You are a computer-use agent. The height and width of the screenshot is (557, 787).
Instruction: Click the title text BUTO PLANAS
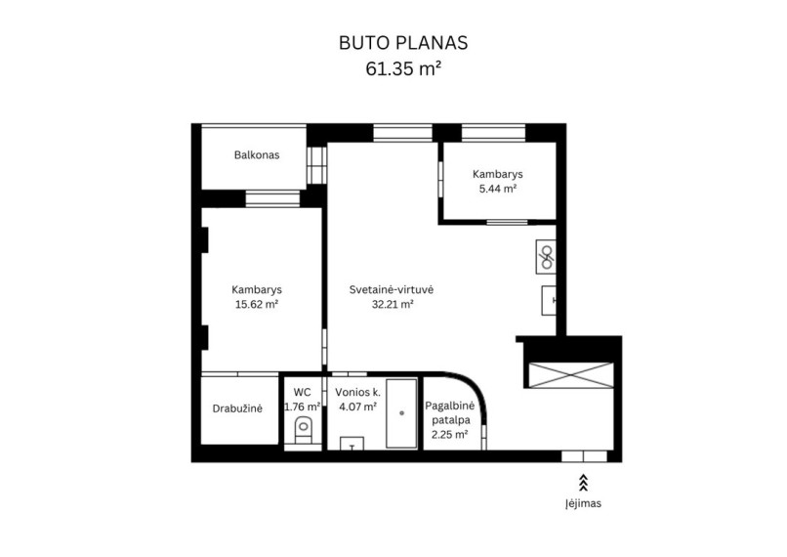tap(403, 43)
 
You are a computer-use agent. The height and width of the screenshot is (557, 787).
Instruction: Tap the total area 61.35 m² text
tap(403, 68)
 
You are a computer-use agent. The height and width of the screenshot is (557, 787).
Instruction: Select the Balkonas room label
tap(257, 154)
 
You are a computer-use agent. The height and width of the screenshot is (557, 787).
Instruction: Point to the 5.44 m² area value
tap(497, 189)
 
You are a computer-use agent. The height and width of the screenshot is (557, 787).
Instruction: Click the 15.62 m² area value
tap(257, 304)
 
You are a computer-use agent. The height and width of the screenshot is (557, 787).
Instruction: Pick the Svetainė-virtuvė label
tap(392, 289)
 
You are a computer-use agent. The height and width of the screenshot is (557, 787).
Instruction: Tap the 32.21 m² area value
tap(393, 304)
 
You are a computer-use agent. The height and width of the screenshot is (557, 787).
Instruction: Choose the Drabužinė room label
tap(237, 408)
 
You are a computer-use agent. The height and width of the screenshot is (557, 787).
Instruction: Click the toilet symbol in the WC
tap(303, 430)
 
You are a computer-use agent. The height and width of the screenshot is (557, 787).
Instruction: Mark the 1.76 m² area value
tap(302, 407)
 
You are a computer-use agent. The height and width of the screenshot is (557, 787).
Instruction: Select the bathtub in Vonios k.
tap(401, 413)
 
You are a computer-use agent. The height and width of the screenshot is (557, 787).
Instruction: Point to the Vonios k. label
tap(358, 392)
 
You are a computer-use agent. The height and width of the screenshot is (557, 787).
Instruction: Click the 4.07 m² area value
tap(358, 407)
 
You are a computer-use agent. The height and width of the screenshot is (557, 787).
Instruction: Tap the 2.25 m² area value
tap(450, 435)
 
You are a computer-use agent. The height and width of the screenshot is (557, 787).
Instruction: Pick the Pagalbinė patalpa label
tap(450, 412)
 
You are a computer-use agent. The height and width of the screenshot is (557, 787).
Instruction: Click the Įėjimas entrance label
tap(583, 503)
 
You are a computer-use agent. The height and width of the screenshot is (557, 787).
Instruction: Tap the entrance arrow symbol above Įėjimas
tap(583, 482)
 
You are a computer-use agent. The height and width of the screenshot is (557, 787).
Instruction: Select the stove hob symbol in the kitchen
tap(546, 257)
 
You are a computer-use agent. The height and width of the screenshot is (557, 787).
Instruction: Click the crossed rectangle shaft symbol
tap(571, 375)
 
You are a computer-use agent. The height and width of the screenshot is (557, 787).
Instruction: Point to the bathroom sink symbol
tap(352, 444)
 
